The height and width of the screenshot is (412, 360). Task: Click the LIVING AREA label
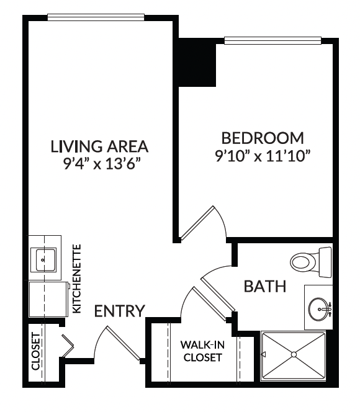pos(99,146)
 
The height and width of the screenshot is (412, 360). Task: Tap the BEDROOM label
pos(263,138)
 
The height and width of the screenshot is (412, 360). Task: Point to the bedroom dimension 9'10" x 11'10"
pos(263,156)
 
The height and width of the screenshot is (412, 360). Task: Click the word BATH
pos(265,287)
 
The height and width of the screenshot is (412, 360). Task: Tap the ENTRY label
pos(120,311)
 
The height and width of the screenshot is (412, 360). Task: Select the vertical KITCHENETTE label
pos(77,279)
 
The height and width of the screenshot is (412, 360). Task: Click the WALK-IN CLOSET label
pos(202,351)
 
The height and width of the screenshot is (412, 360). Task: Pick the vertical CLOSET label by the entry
pos(36,351)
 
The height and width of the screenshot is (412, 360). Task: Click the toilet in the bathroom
pos(311,262)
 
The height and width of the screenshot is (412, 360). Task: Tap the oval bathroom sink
pos(319,309)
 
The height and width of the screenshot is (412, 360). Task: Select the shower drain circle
pos(294,354)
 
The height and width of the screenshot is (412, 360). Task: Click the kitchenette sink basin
pos(43,260)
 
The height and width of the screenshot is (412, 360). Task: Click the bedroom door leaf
pos(198,223)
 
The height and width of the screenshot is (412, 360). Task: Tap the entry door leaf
pos(123,343)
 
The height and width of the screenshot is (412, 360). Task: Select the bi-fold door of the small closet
pos(68,346)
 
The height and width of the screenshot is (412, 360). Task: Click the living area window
pos(96,17)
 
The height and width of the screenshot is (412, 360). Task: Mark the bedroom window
pos(272,40)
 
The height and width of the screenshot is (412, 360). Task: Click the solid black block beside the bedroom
pos(197,62)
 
